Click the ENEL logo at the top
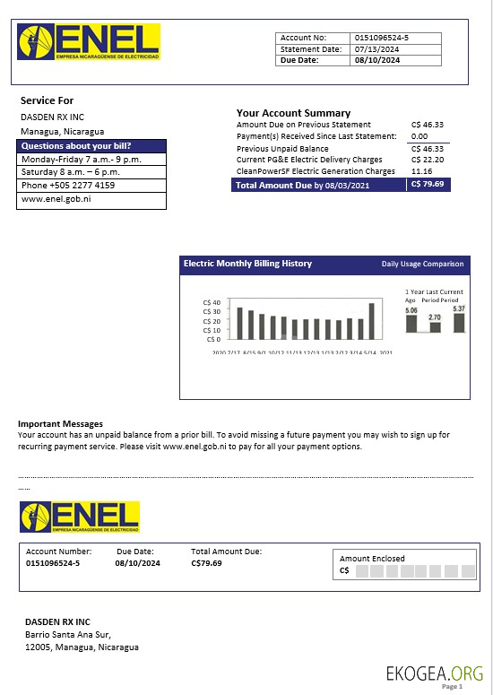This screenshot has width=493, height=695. [89, 42]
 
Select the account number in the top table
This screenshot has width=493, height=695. [382, 38]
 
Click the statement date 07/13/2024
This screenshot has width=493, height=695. [376, 49]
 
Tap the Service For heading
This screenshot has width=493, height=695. [47, 100]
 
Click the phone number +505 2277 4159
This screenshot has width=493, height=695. [67, 186]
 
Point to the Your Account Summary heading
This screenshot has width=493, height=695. [293, 113]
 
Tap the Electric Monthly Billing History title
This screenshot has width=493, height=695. [247, 264]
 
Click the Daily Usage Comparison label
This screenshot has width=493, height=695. [422, 264]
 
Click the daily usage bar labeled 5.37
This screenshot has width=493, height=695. [459, 322]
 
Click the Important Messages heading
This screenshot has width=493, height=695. [60, 423]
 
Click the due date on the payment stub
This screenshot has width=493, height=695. [137, 563]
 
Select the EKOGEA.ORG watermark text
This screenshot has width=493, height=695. [434, 673]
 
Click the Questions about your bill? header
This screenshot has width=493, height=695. [76, 146]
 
